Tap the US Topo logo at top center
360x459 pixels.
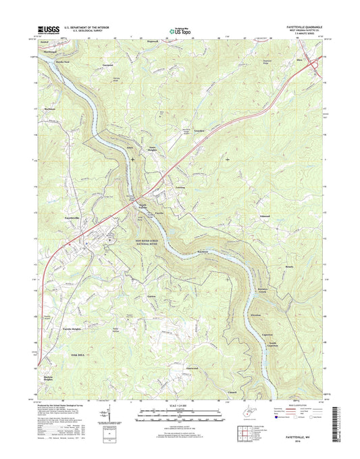[x=179, y=30]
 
